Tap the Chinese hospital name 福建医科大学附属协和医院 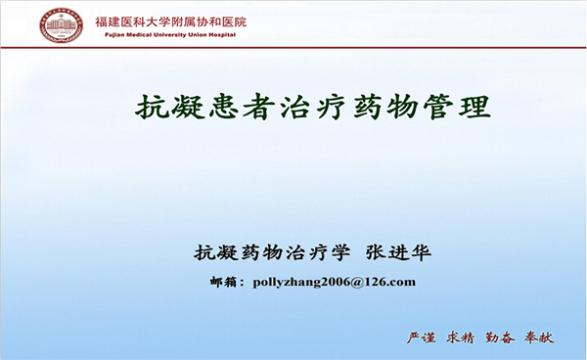[171, 20]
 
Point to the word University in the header [171, 34]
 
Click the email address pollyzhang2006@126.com [334, 282]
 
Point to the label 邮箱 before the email [226, 282]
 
